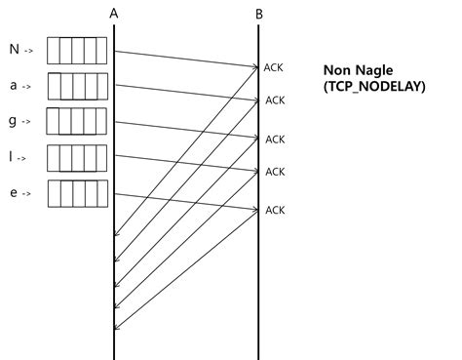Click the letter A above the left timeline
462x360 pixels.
(114, 13)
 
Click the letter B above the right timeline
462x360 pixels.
(258, 13)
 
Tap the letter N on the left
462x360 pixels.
(14, 50)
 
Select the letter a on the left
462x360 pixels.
(14, 86)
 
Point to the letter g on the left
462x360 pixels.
(14, 121)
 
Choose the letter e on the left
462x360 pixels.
(14, 193)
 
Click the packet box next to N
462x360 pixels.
(75, 50)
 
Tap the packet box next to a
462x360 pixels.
(75, 86)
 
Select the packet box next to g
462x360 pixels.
(75, 121)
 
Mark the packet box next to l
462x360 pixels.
(75, 157)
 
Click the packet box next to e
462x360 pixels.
(75, 193)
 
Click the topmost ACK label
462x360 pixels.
(274, 67)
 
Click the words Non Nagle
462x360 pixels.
(359, 71)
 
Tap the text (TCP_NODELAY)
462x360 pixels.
(374, 87)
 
